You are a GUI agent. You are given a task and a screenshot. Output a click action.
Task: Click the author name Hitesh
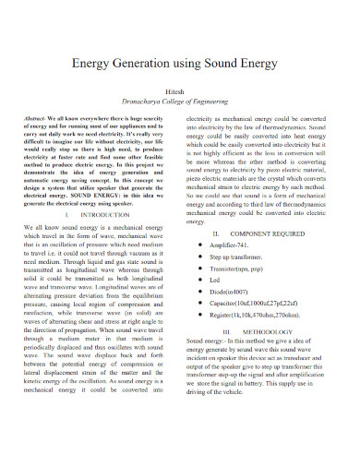pos(180,85)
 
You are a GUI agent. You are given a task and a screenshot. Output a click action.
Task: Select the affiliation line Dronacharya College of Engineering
pos(180,97)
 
